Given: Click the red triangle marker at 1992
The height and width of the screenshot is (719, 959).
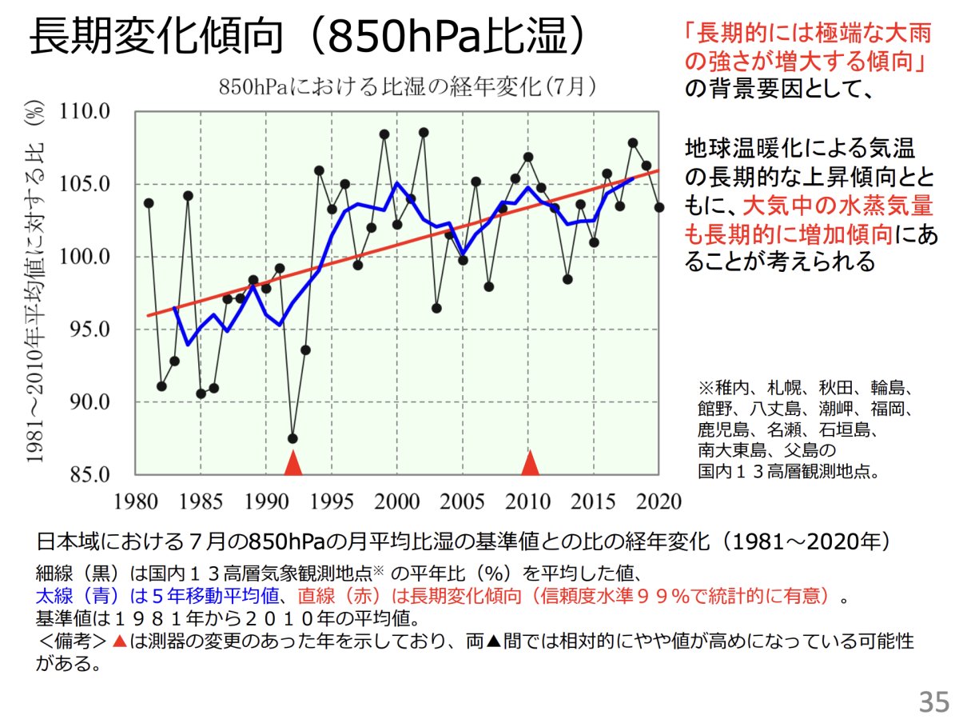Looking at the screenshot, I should (293, 463).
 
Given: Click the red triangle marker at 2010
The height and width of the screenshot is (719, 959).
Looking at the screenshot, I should (530, 463).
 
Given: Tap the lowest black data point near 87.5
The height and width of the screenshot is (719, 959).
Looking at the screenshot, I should (292, 438).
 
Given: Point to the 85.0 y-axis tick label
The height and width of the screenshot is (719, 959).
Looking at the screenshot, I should (87, 475).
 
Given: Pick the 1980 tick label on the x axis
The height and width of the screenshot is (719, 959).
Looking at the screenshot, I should (135, 501).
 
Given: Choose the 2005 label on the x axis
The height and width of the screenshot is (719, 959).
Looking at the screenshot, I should (463, 501).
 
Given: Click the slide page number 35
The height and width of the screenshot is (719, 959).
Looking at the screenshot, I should (933, 701).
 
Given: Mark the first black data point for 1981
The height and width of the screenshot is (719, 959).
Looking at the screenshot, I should (149, 203).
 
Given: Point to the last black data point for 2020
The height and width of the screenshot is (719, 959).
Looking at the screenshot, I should (659, 207).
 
